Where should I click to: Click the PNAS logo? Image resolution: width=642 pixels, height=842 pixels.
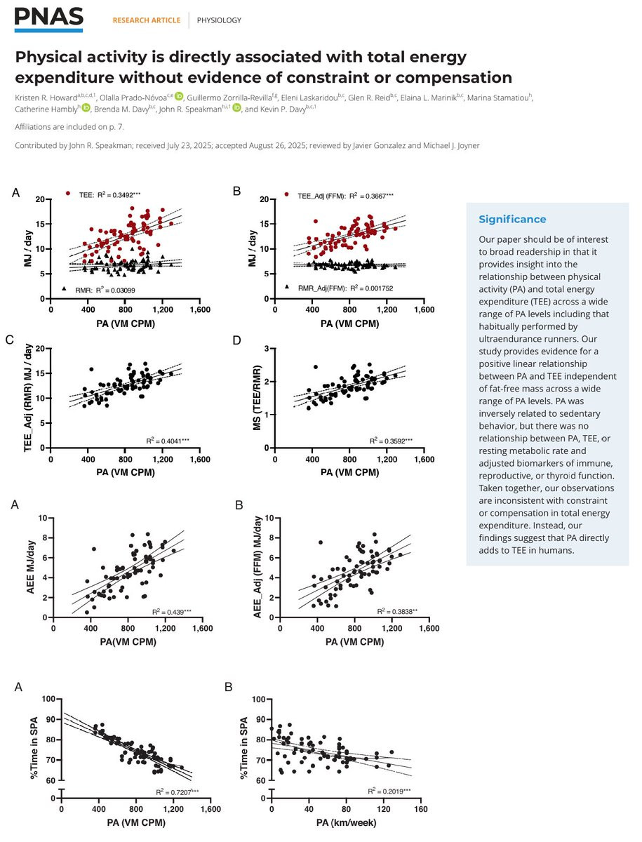click(49, 19)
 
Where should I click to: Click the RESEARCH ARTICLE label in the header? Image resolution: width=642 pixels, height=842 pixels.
click(146, 20)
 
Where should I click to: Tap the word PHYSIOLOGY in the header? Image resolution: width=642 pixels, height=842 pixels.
click(219, 20)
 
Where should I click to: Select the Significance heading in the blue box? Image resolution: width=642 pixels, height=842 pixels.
click(512, 219)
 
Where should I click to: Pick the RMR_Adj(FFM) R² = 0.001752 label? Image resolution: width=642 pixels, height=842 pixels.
click(339, 288)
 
